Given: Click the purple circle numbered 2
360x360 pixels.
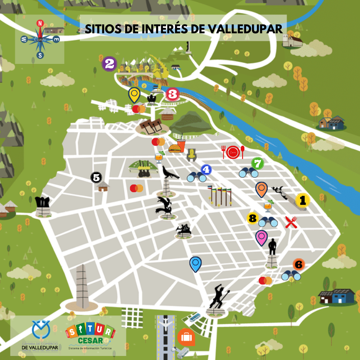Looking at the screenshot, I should tap(109, 63).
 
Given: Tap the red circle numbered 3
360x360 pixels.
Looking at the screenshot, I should tap(173, 94).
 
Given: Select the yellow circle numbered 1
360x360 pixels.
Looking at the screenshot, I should tap(302, 200).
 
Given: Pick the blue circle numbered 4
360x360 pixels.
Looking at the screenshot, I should tap(206, 170).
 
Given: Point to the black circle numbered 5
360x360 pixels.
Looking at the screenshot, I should tap(96, 177).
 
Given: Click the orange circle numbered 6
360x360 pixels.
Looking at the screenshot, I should tap(298, 264).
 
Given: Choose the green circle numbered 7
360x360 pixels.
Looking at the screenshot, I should tap(257, 162).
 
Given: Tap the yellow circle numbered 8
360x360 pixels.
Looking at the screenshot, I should tap(252, 219).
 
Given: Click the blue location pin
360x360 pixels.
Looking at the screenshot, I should tap(195, 263).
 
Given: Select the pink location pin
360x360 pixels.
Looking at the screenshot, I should tap(261, 237).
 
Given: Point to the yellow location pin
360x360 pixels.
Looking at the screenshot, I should tap(134, 94).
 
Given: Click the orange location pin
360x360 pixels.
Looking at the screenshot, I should tap(261, 189).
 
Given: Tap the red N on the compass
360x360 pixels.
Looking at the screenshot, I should tap(40, 24).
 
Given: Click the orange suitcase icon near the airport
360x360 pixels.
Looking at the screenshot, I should tap(186, 337).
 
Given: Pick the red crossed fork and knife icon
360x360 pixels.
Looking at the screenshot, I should tap(291, 222).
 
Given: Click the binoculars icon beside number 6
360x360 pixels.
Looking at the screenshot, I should tap(291, 275).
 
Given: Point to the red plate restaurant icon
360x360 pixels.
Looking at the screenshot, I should tap(233, 152).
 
